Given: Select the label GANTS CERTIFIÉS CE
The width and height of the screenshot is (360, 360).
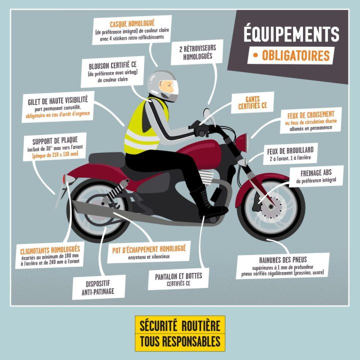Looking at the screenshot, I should point(249,102).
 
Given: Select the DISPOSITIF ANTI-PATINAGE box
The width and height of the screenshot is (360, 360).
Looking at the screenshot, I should point(98,286).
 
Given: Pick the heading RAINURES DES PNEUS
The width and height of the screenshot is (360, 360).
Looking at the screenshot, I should point(283,260).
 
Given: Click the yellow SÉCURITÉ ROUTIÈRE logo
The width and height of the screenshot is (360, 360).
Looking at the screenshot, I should point(179,333).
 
